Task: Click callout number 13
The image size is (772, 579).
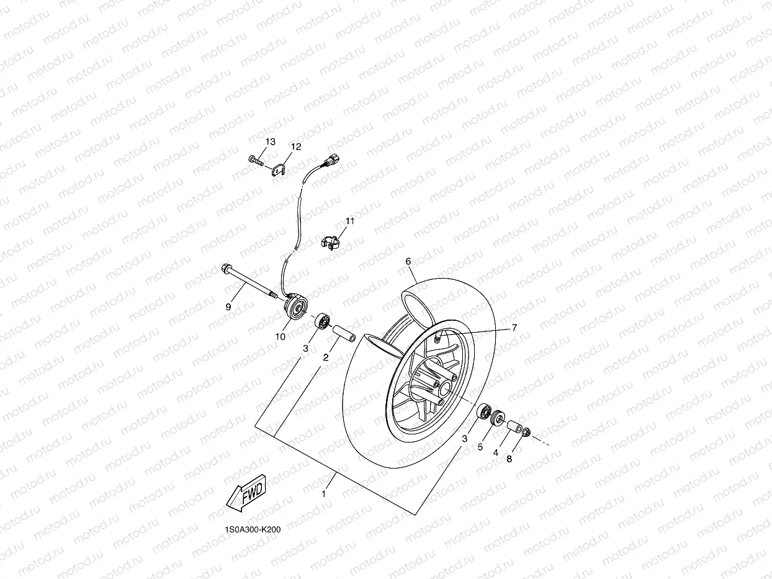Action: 270,142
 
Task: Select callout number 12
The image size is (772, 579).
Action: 296,146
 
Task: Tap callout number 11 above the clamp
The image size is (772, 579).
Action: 350,221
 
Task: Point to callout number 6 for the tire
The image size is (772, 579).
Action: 408,261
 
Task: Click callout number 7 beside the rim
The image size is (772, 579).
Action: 514,328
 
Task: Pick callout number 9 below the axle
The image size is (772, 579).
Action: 228,307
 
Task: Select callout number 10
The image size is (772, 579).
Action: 281,336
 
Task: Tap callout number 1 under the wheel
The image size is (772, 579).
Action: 323,494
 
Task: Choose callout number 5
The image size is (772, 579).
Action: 480,447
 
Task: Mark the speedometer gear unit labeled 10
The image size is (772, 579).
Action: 294,307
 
